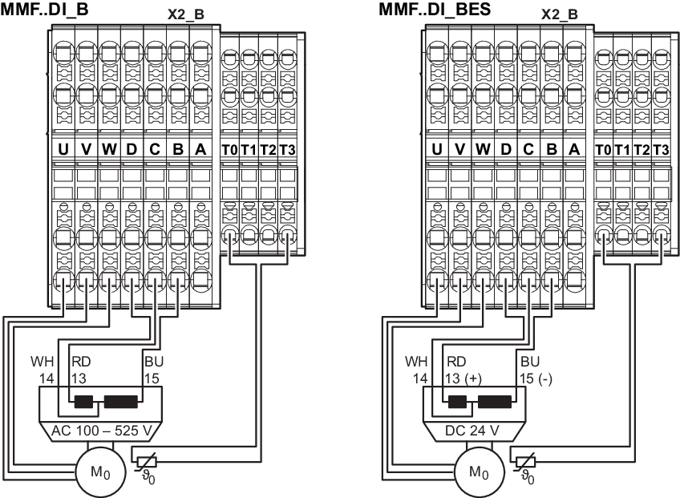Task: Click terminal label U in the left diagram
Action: (62, 149)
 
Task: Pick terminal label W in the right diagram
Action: (482, 149)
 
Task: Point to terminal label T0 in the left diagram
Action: (229, 150)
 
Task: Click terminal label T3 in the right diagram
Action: (661, 150)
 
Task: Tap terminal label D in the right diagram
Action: (505, 149)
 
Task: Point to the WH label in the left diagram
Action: (40, 360)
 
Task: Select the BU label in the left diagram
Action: (153, 360)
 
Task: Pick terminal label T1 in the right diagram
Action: (622, 150)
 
